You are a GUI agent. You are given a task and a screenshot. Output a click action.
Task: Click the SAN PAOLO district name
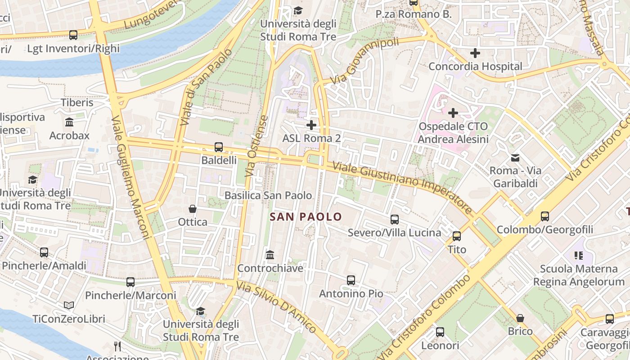[306, 217]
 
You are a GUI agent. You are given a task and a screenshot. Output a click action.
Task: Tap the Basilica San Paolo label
[268, 195]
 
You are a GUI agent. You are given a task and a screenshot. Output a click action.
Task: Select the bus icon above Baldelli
[219, 147]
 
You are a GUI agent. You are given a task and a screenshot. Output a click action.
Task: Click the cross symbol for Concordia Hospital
[475, 53]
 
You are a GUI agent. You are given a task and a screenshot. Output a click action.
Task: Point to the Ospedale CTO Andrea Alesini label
[453, 133]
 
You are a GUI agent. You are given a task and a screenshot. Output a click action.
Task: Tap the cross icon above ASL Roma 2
[311, 125]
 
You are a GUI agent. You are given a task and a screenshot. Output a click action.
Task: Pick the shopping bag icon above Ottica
[193, 209]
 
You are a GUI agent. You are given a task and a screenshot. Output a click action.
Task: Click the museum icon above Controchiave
[270, 255]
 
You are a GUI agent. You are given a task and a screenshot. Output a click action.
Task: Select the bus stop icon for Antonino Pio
[351, 280]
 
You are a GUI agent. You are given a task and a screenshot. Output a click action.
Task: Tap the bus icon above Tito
[457, 236]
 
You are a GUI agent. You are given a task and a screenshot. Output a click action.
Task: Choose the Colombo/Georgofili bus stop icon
[545, 216]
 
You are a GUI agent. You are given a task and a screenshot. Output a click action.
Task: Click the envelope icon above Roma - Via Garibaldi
[515, 157]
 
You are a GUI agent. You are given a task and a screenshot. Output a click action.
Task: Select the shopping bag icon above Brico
[520, 318]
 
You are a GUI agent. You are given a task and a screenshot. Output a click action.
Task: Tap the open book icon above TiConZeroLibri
[69, 306]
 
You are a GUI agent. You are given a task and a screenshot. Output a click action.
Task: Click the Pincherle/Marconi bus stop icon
[130, 282]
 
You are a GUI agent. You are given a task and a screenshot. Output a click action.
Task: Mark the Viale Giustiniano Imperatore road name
[402, 188]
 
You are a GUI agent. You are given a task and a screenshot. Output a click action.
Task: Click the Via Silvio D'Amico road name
[276, 307]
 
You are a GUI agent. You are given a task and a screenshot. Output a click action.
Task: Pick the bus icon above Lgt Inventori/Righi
[73, 35]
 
